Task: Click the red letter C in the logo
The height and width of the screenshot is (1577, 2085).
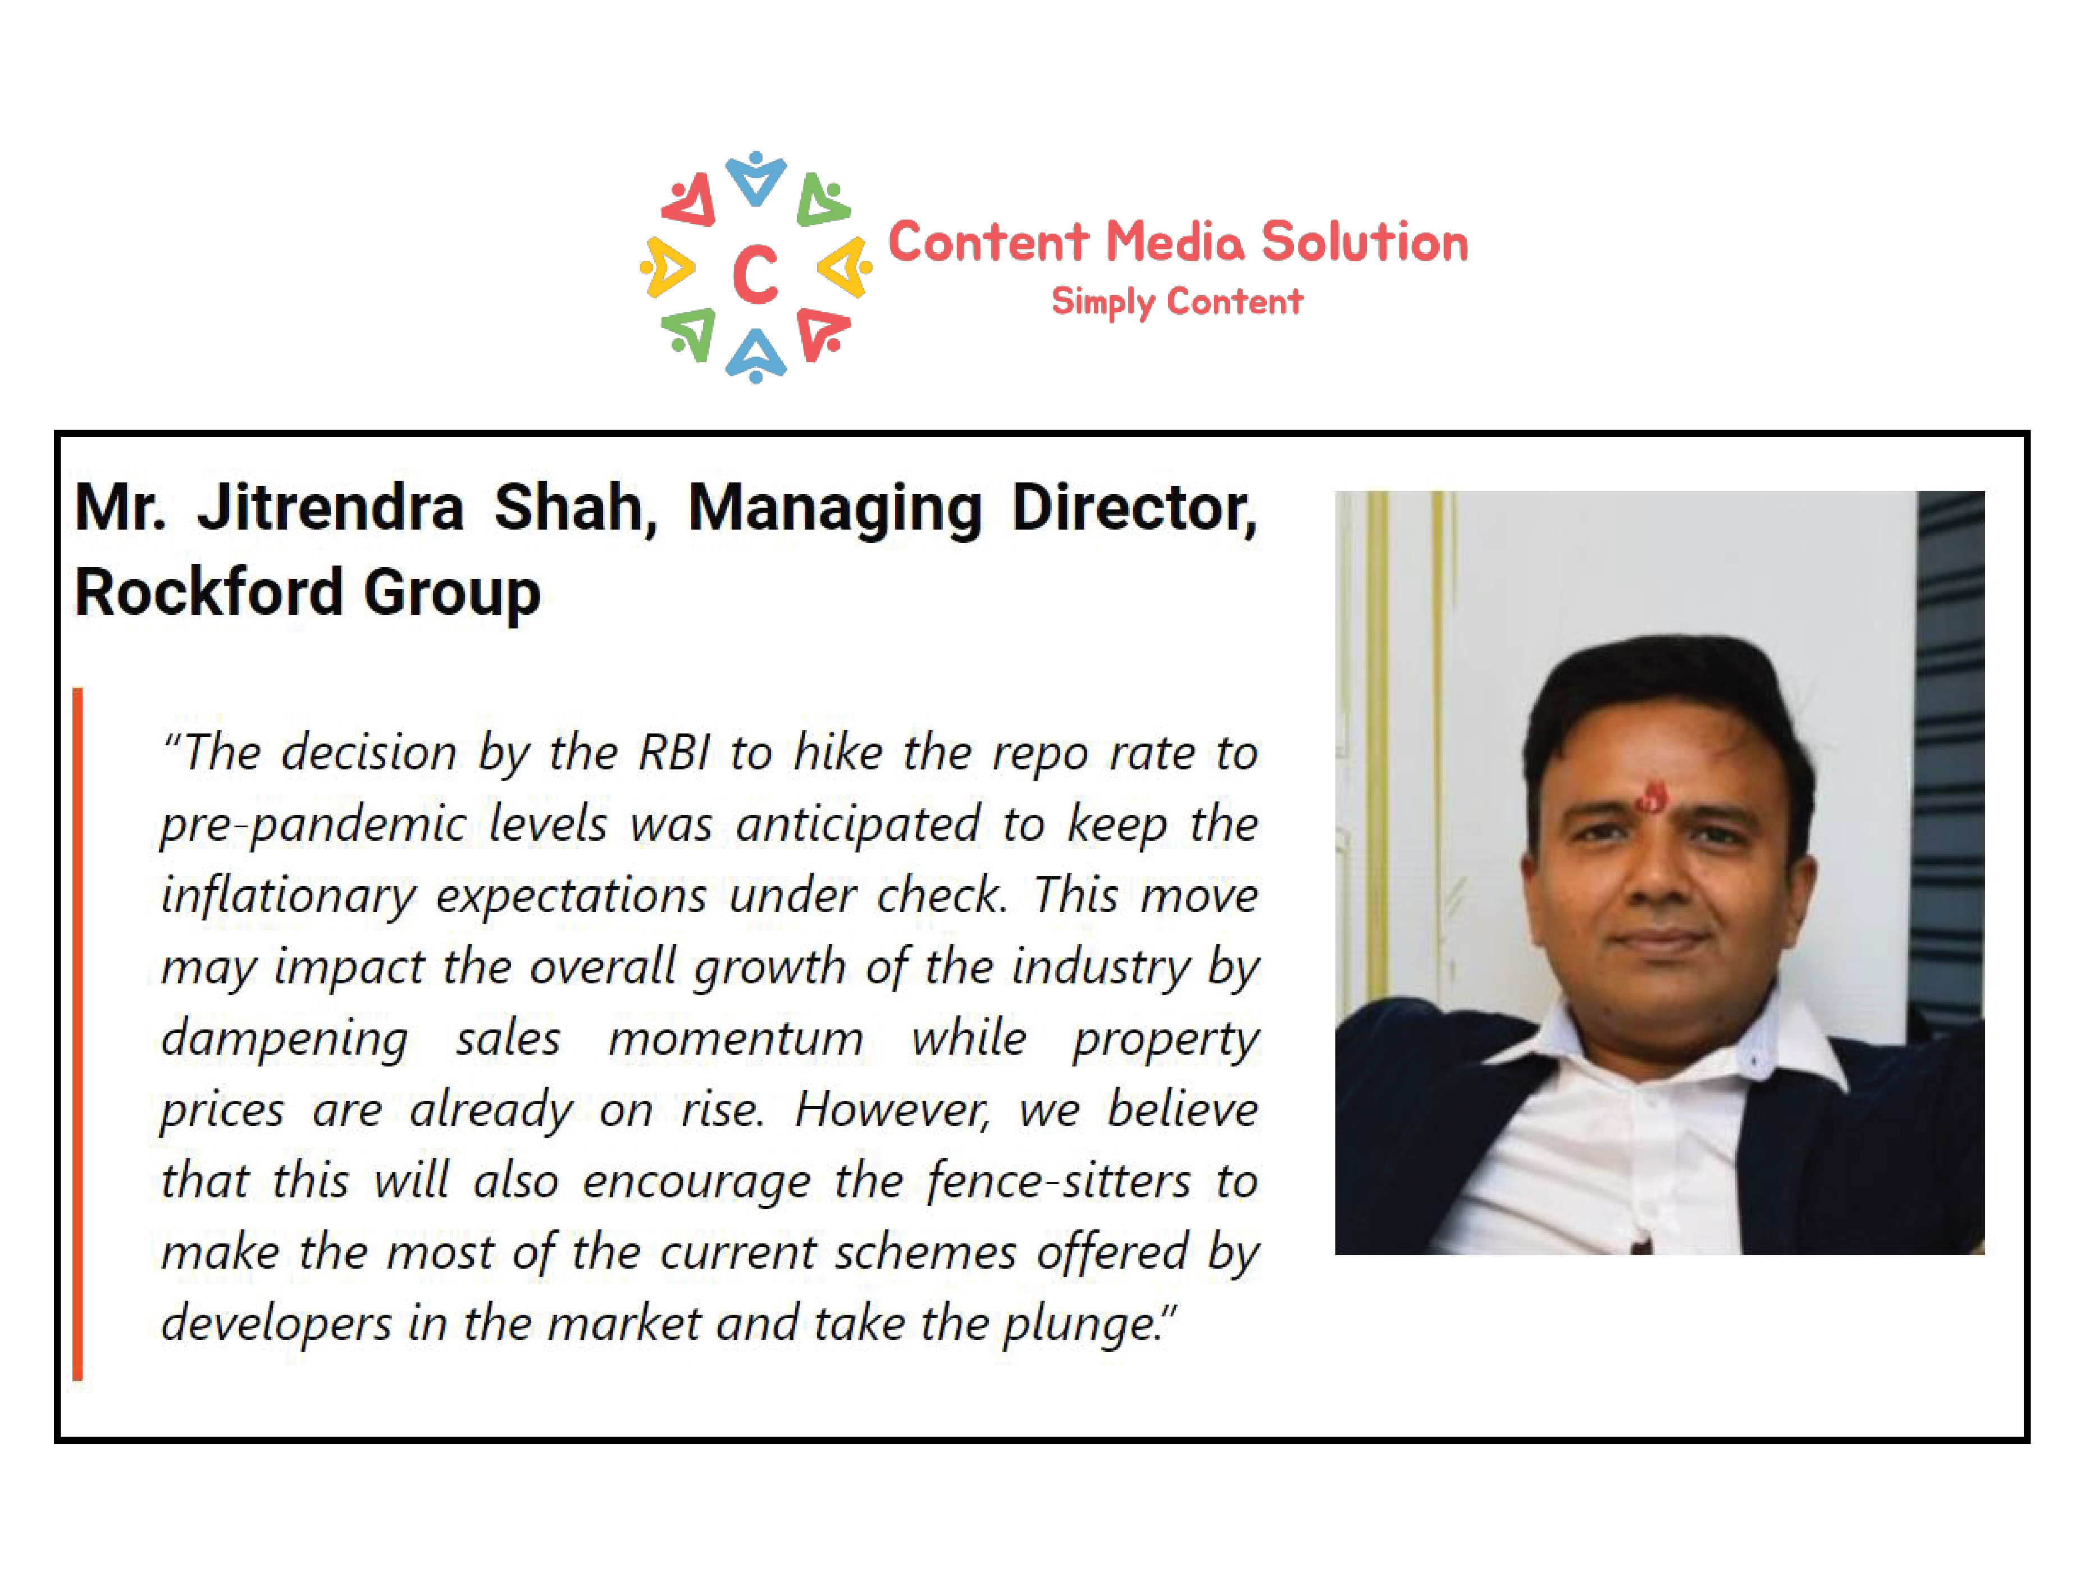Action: (x=755, y=274)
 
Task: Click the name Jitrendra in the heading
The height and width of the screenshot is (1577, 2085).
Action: (x=330, y=507)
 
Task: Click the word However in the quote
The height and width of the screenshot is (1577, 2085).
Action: (x=892, y=1110)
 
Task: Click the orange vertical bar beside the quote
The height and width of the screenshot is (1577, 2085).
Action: (x=77, y=1034)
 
